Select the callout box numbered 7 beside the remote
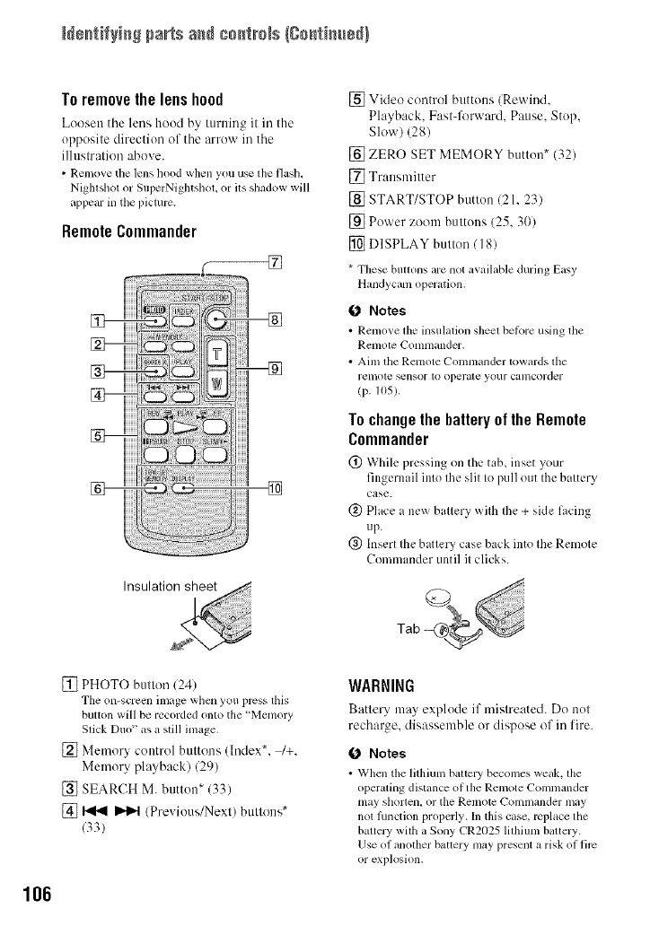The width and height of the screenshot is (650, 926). (276, 262)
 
